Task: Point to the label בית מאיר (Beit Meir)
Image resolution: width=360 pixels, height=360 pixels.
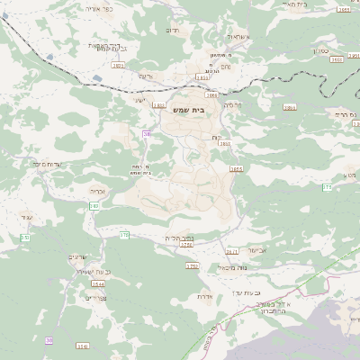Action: (x=319, y=4)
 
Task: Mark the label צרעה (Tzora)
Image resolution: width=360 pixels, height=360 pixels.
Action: (x=145, y=76)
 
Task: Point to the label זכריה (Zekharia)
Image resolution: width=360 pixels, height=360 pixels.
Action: (x=99, y=191)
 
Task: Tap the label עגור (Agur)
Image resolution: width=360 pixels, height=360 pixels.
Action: (x=26, y=217)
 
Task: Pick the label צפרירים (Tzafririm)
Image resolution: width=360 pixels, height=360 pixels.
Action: (x=95, y=297)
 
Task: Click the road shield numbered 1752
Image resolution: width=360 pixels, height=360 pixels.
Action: (x=191, y=266)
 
